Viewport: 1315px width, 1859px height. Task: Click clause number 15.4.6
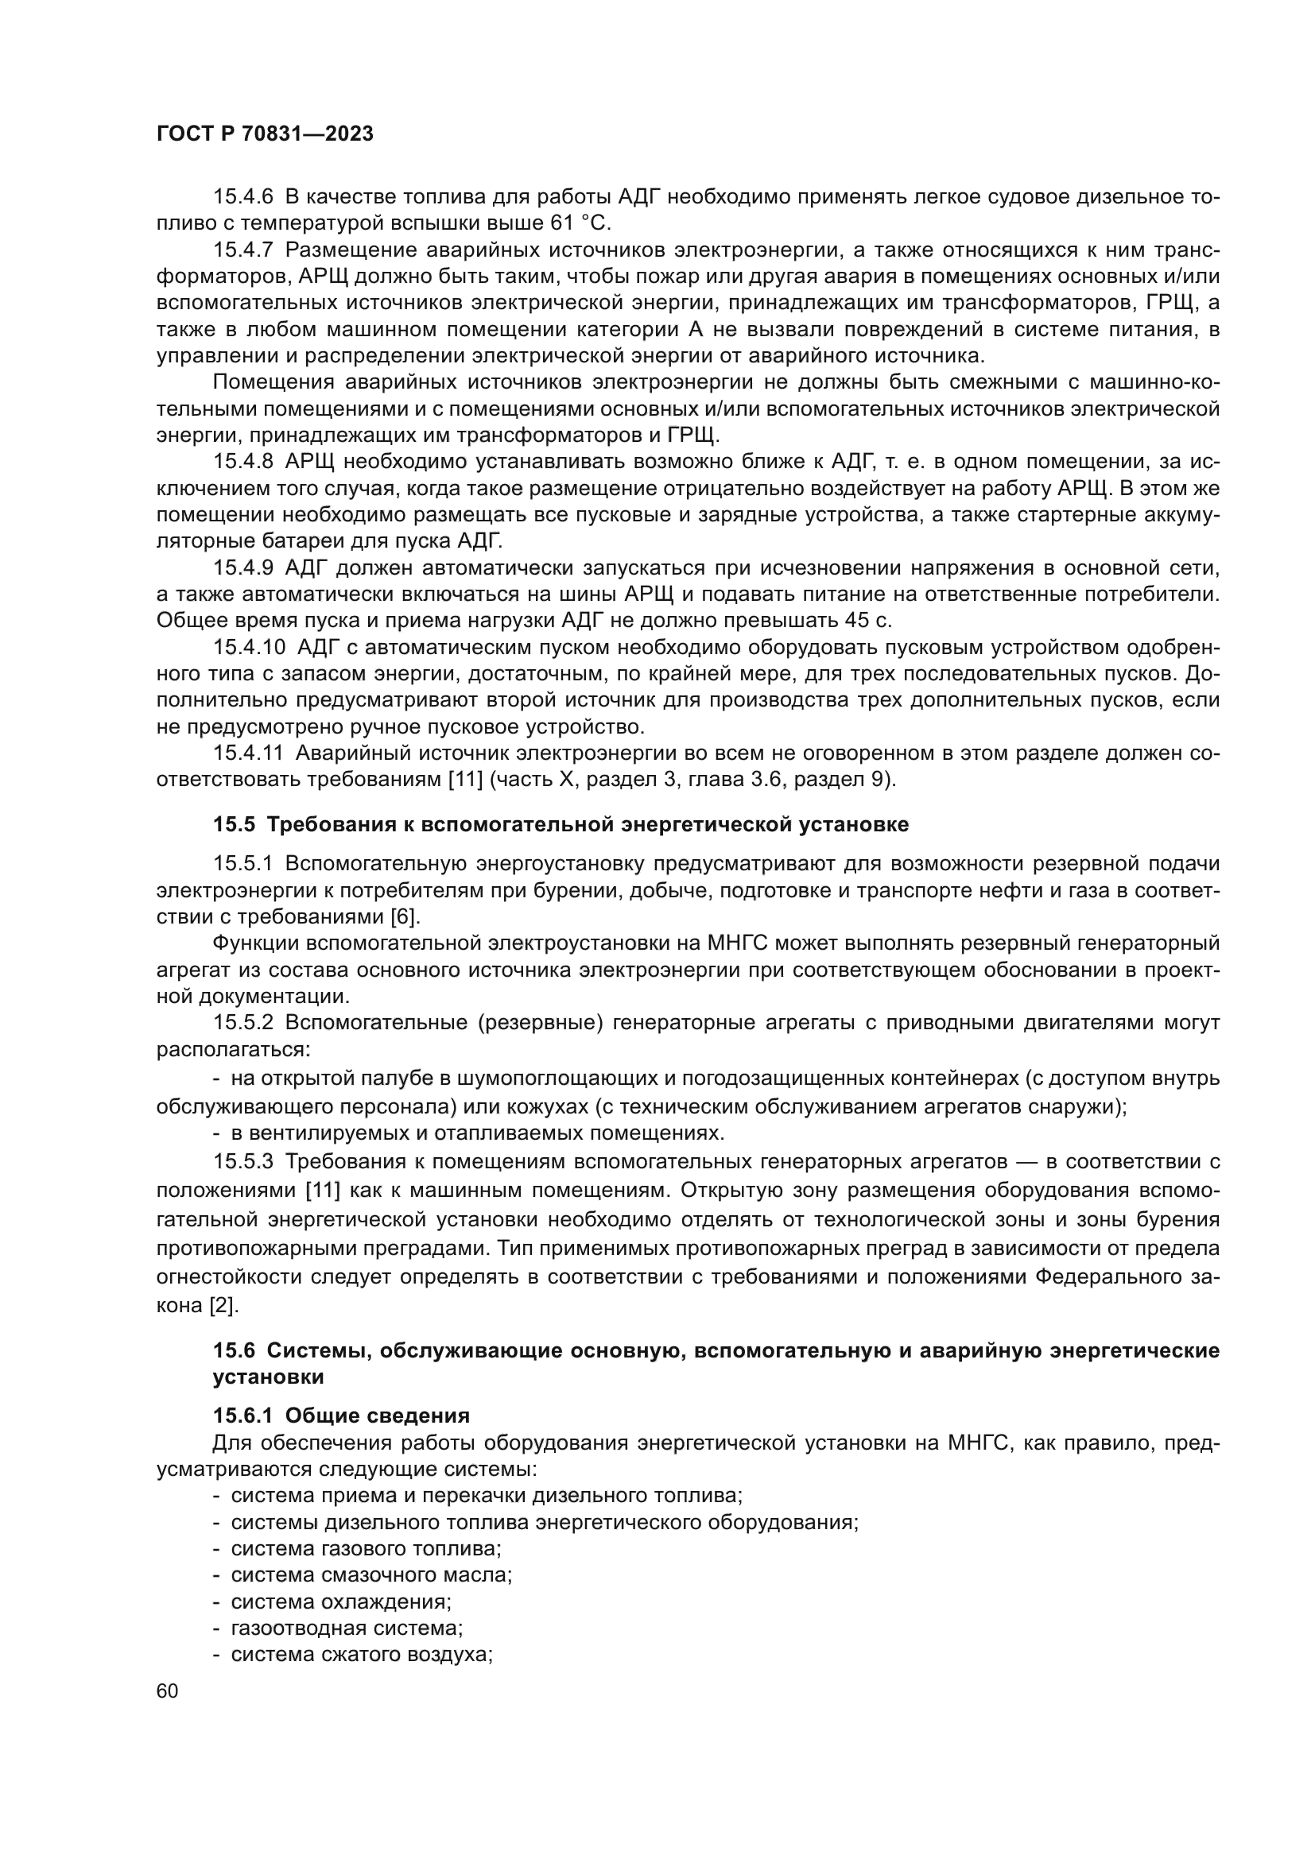(x=243, y=197)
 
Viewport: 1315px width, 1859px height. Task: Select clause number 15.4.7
(x=243, y=250)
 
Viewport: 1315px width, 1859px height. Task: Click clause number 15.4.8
(x=243, y=462)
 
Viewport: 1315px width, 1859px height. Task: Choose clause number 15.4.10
(x=249, y=648)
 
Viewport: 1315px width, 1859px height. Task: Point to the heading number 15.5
(x=234, y=824)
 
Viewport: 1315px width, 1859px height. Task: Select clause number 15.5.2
(x=243, y=1024)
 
